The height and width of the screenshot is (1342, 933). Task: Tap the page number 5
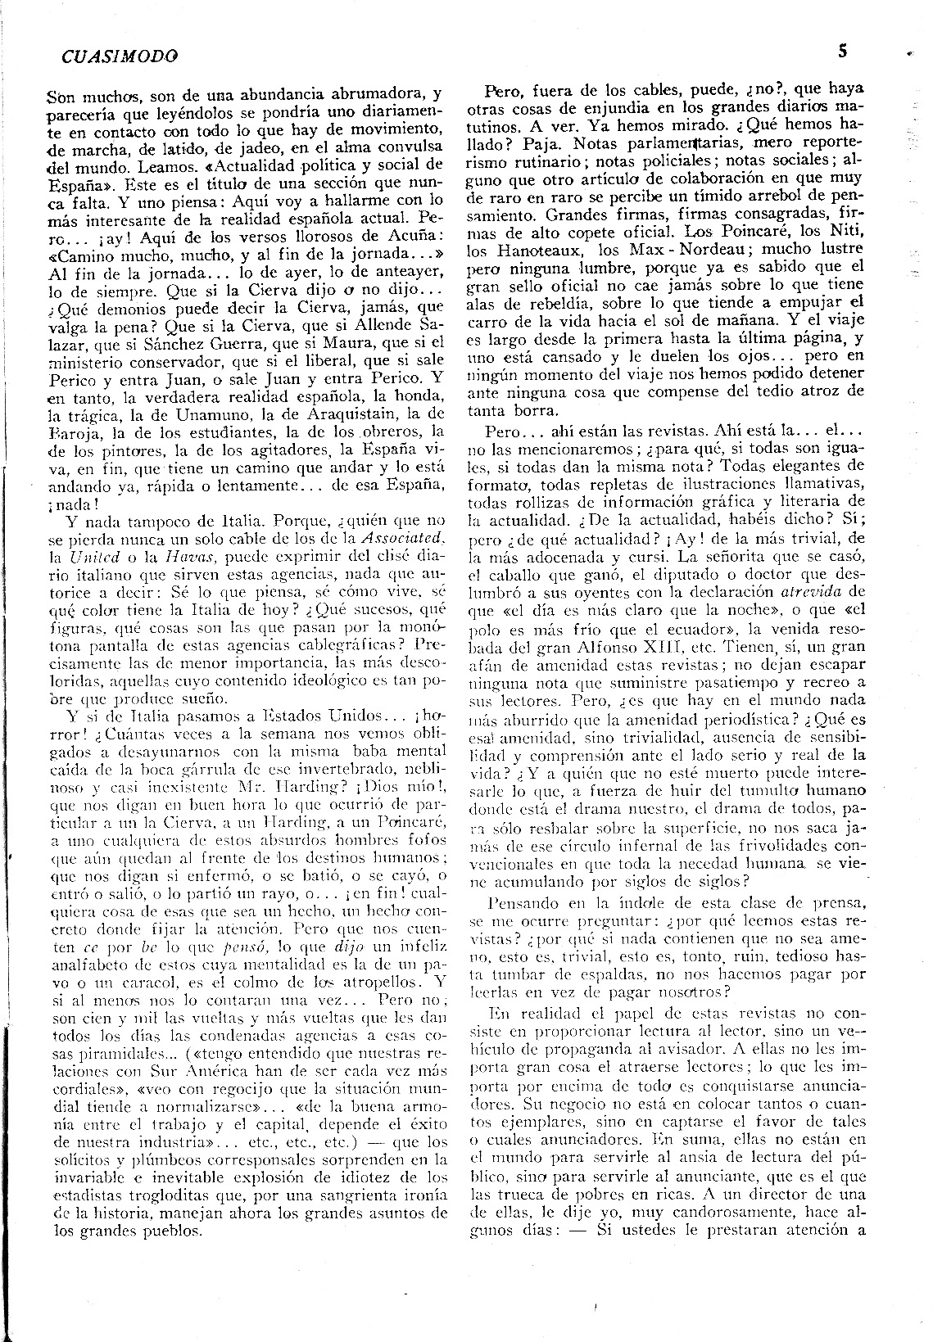(x=842, y=51)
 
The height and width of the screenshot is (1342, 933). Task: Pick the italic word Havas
(x=190, y=555)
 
